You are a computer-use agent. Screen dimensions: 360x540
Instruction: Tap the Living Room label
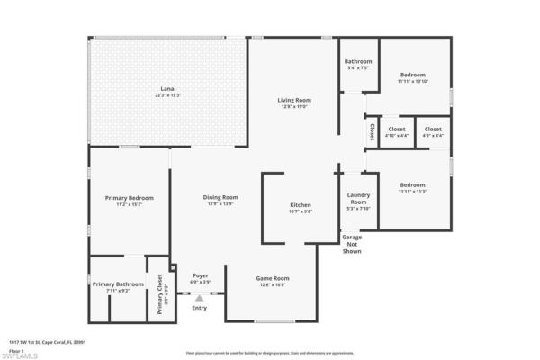point(293,100)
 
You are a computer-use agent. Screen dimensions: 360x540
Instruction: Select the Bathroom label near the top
point(358,61)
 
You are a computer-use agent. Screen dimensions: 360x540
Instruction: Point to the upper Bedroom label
point(413,75)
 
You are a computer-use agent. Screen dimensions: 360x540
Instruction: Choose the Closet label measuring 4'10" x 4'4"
point(397,130)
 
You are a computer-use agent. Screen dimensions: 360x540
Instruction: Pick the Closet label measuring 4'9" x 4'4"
point(433,130)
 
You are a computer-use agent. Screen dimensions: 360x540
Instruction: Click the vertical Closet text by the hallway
point(372,131)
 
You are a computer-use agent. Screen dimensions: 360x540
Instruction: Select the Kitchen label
point(301,205)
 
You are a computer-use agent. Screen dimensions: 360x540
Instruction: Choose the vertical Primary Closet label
point(160,294)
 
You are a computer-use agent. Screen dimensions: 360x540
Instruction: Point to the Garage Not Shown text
point(352,244)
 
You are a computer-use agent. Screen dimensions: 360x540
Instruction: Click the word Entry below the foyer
point(199,308)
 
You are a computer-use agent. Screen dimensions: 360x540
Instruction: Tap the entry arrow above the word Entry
point(199,294)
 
